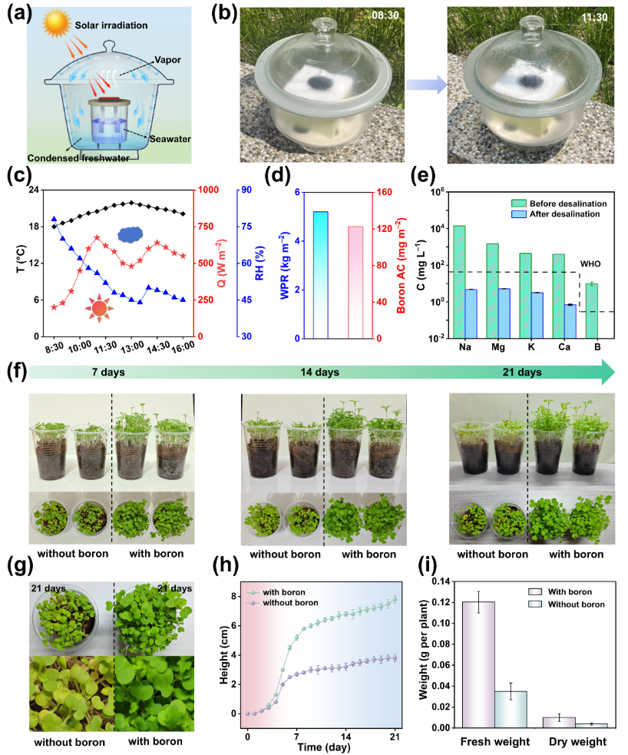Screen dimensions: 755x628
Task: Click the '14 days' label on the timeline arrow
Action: (319, 373)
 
